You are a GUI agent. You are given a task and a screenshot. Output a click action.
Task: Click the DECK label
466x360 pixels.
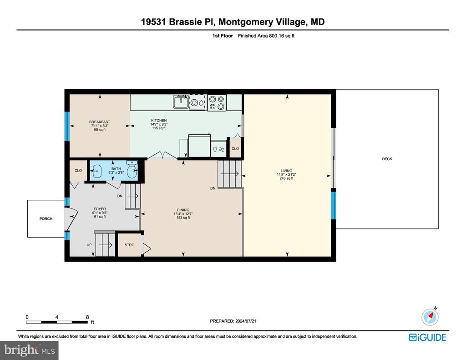387,159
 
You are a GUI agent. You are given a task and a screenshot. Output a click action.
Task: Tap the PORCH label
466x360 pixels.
46,219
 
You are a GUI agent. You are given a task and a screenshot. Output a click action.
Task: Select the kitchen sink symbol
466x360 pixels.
181,102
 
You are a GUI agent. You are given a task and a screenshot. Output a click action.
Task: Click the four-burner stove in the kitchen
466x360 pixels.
217,103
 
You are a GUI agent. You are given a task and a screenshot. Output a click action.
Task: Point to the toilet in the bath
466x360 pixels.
132,169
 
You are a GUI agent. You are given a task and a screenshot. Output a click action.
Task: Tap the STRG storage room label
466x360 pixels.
129,245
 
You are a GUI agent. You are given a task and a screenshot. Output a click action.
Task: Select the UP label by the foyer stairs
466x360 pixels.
89,245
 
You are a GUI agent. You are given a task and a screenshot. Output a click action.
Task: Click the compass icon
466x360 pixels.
430,317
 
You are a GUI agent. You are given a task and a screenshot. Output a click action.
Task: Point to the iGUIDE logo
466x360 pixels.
428,337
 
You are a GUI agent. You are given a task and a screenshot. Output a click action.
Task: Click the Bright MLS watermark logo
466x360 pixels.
29,350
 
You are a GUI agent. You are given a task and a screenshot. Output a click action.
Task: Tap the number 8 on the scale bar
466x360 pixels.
87,317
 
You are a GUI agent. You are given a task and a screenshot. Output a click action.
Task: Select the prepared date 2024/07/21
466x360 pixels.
246,321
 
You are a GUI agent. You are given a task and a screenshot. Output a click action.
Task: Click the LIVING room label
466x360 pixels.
287,171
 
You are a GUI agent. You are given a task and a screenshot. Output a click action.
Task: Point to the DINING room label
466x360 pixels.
183,210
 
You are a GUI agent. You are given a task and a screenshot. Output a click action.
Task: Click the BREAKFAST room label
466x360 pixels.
100,122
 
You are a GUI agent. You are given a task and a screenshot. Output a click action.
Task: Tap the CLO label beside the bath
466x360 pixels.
78,171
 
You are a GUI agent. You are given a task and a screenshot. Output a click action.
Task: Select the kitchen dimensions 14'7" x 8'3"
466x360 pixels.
159,124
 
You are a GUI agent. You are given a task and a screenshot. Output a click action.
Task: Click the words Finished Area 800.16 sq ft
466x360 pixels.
266,36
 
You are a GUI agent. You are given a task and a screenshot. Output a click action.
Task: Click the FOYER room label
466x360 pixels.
100,209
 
